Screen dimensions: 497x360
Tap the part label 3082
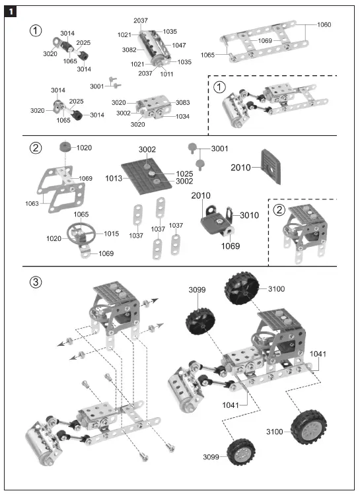[x=129, y=50]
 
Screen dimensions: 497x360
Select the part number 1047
[x=179, y=46]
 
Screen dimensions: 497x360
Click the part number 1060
[x=324, y=24]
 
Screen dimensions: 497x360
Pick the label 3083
[x=183, y=103]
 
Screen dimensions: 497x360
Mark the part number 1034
[x=183, y=116]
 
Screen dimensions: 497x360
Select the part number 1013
[x=112, y=177]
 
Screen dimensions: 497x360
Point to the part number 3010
[x=249, y=215]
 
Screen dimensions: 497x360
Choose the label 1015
[x=110, y=234]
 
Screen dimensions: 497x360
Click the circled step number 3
[x=37, y=282]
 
